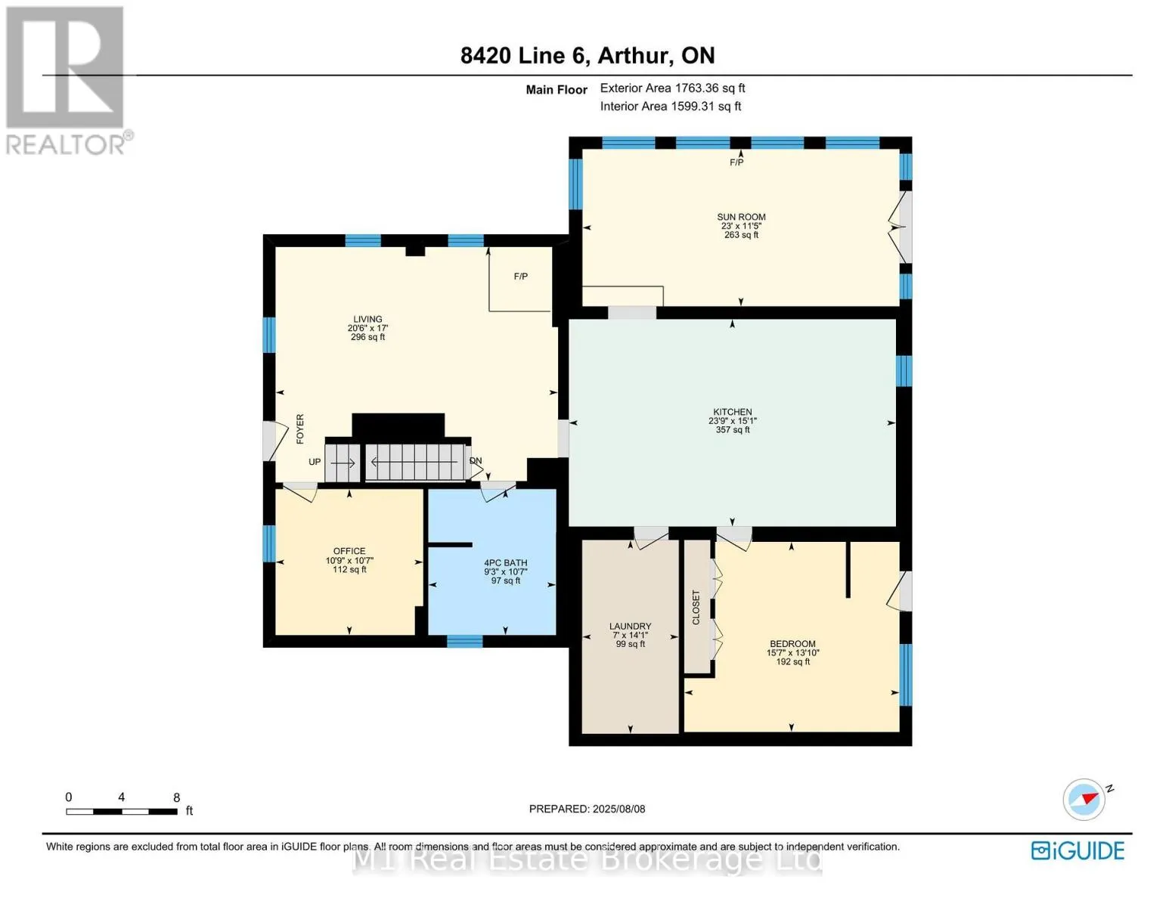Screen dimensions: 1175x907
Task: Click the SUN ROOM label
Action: (741, 217)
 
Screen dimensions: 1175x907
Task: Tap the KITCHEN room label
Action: (732, 412)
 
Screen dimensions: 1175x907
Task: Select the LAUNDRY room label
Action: (630, 626)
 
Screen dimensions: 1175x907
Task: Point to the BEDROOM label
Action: (792, 643)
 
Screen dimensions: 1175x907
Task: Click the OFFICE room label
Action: (349, 551)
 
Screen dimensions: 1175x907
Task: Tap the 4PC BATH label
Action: (505, 562)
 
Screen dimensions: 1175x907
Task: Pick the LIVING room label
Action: (367, 319)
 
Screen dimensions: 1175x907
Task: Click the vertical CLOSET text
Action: (696, 608)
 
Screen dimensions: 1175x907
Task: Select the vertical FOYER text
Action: (300, 429)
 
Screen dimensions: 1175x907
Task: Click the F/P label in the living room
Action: (521, 276)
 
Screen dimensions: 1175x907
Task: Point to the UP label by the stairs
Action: (315, 462)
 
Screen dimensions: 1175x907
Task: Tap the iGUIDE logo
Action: (1077, 851)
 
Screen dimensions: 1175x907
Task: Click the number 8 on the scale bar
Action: (176, 797)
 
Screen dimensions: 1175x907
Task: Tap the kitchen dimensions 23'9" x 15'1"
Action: (732, 420)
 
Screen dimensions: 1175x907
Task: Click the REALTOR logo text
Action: (66, 144)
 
